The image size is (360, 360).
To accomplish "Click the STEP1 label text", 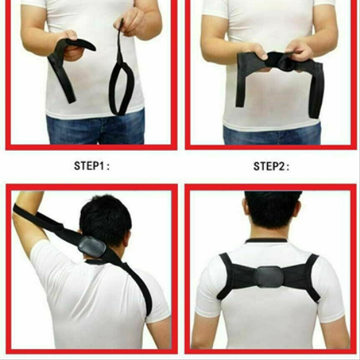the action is pos(91,166).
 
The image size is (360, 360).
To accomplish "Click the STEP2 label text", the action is pos(271,166).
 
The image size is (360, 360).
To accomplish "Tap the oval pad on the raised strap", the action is pos(92,247).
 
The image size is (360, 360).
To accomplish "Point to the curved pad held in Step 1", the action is pos(79,45).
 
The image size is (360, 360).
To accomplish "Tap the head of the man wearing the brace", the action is pos(272,212).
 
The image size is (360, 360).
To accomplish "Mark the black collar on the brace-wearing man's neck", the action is pos(266,240).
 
